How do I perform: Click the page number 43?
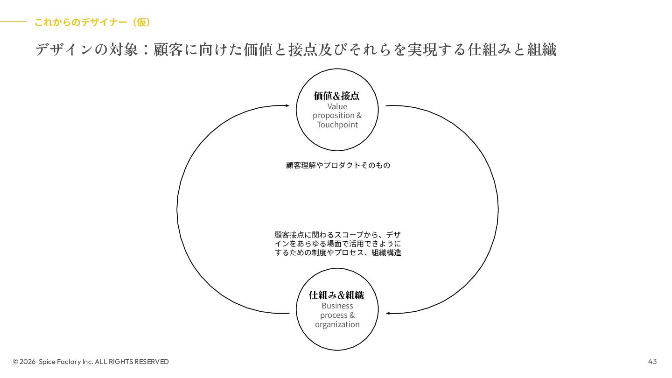coord(652,362)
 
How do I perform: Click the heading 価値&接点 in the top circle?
coord(337,96)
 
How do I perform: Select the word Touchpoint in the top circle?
coord(337,125)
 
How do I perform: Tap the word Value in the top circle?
coord(337,106)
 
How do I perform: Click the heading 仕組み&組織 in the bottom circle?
coord(336,295)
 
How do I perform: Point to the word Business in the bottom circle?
coord(337,306)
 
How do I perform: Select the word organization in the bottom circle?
coord(337,325)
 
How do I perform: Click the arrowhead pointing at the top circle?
coord(287,105)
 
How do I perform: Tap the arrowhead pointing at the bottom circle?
coord(388,313)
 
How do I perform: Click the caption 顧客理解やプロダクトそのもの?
coord(338,165)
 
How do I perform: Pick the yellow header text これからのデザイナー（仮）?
coord(92,22)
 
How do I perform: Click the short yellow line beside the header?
coord(13,21)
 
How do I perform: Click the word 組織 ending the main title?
coord(542,49)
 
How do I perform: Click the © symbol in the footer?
coord(15,362)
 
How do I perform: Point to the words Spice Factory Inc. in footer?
coord(66,362)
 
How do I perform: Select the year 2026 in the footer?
coord(28,362)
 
